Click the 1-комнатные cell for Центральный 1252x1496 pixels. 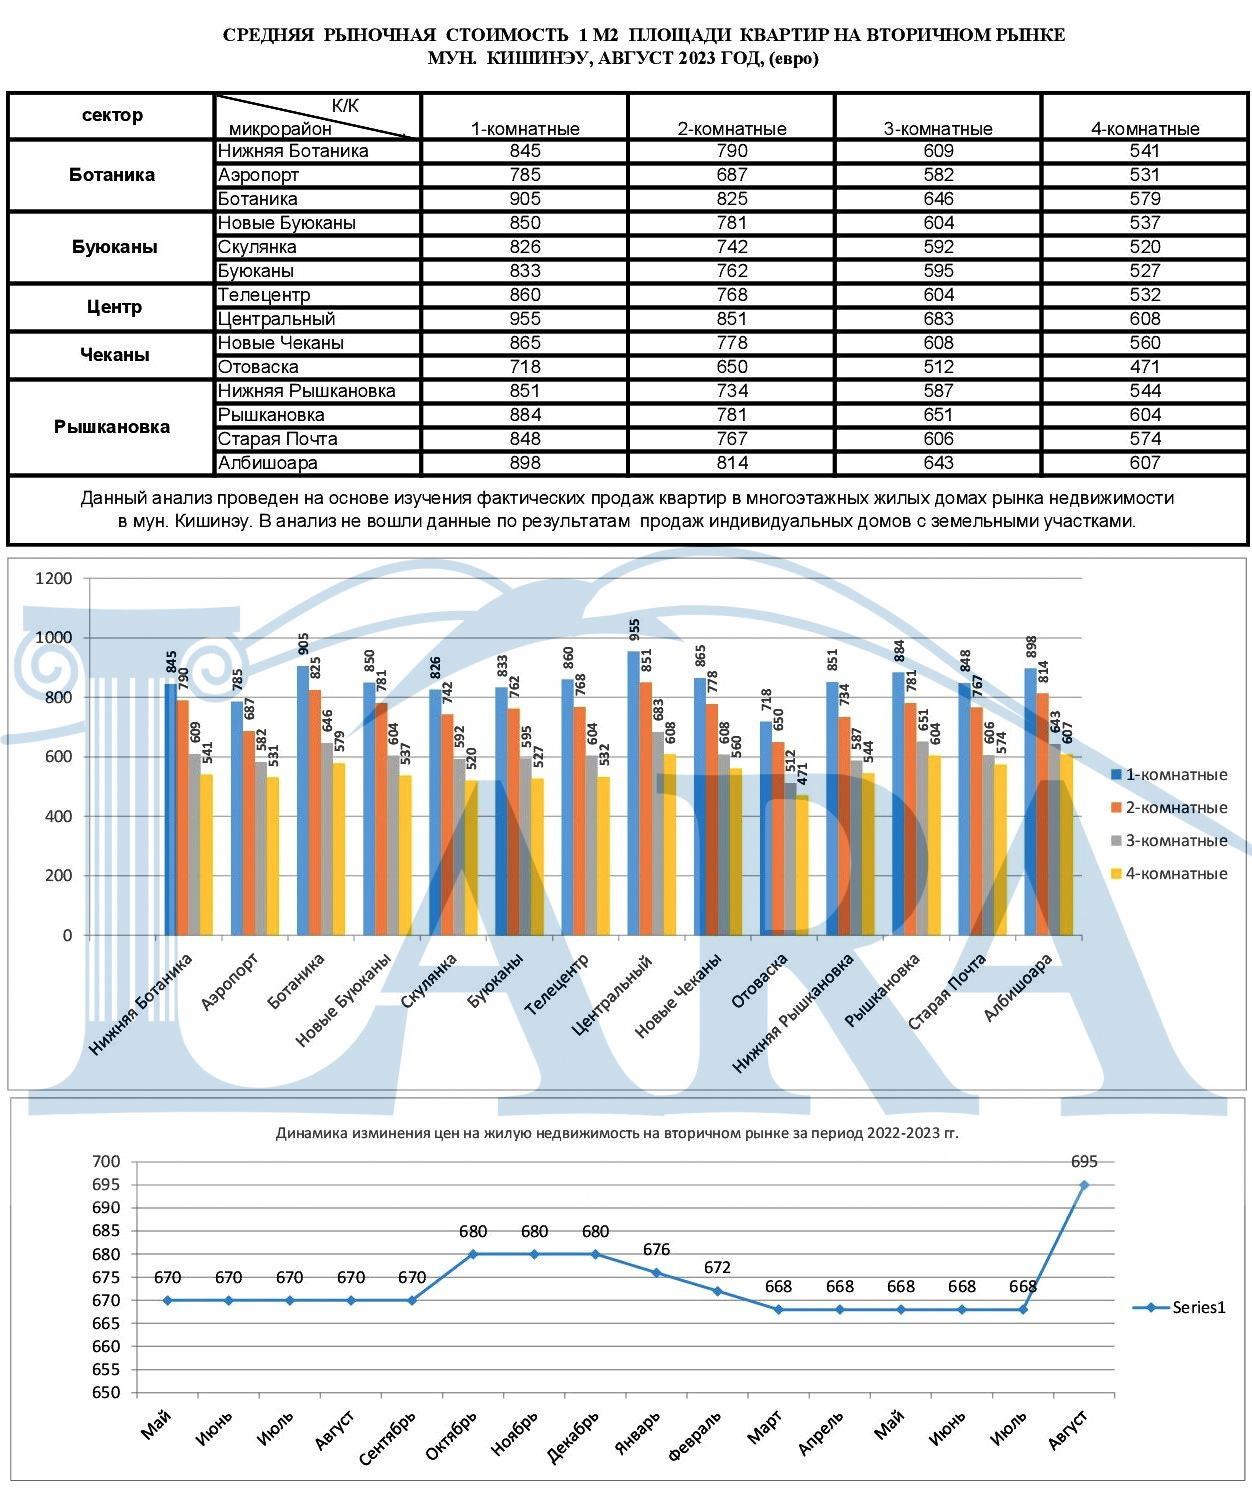click(525, 319)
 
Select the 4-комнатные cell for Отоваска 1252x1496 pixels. click(1145, 367)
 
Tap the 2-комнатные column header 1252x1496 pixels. click(732, 129)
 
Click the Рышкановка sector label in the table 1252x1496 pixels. click(112, 427)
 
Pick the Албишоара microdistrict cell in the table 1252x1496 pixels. click(267, 463)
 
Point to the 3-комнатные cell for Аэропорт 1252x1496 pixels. click(938, 175)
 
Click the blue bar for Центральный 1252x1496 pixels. click(634, 792)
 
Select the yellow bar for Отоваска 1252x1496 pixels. click(802, 865)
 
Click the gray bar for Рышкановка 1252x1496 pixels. click(922, 838)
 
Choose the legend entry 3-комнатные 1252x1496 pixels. click(1169, 840)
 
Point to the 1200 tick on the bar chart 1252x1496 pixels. click(54, 578)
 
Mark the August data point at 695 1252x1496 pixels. click(1084, 1185)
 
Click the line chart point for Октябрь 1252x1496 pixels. click(473, 1254)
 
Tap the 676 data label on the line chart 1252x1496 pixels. click(656, 1250)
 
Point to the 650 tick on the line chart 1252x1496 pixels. click(106, 1392)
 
